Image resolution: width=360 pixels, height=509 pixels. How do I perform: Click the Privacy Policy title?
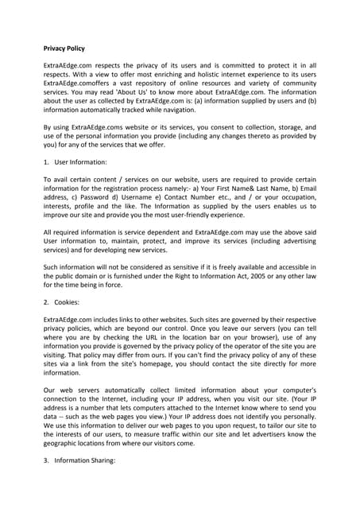[x=69, y=49]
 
